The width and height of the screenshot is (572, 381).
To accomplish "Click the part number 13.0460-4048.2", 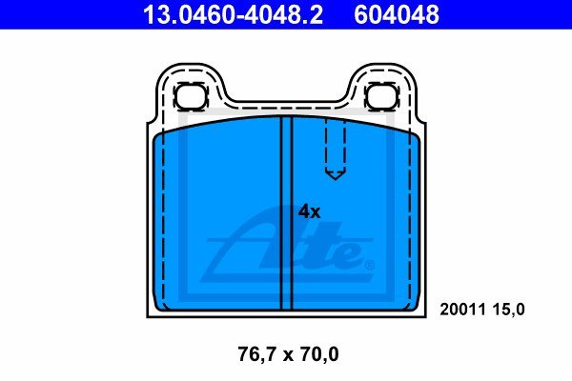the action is click(233, 14).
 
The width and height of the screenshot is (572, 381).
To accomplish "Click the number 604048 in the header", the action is click(397, 14).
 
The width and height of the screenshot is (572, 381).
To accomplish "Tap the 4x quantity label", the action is click(309, 211).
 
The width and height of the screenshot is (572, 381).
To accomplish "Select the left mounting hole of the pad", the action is click(190, 96).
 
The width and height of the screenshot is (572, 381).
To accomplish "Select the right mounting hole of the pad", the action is click(381, 96).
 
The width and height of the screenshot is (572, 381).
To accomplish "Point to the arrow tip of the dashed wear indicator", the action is click(335, 179).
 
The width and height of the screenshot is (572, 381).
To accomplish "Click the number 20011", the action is click(463, 310).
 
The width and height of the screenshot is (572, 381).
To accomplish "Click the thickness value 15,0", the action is click(508, 310).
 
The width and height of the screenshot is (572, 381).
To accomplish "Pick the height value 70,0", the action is click(317, 354).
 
